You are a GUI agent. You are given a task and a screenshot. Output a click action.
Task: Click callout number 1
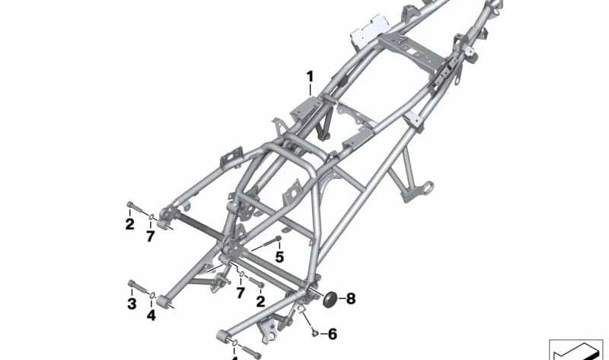coord(310,76)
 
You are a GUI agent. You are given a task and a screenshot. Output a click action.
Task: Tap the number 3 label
coord(131,304)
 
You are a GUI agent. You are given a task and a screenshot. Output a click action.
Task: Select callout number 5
coord(279,257)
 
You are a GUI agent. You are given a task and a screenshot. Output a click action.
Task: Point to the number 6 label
coord(333,334)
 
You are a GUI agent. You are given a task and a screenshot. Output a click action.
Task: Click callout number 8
coord(351,298)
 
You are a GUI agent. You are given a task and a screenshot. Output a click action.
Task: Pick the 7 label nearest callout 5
coord(241,292)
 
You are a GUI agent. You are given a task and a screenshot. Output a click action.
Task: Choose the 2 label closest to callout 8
coord(260,301)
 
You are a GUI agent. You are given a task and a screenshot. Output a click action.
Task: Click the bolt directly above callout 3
coord(135,287)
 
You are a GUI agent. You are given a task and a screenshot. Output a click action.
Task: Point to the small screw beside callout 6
coord(314,332)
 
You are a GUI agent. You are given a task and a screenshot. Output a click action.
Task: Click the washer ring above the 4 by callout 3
coord(152,295)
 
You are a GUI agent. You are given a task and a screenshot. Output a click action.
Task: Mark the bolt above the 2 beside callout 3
coord(132,206)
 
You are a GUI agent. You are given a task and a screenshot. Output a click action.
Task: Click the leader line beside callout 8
coord(340,298)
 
